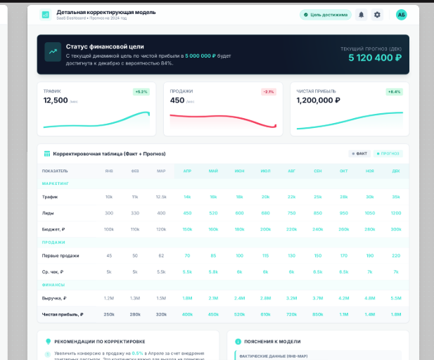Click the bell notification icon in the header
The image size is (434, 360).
362,14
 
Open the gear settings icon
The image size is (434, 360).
377,14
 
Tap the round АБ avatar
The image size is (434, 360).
401,14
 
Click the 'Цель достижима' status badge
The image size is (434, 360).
325,14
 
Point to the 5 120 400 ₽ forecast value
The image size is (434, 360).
371,58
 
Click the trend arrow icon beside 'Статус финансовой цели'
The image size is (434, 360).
53,51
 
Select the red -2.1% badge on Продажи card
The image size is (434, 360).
269,91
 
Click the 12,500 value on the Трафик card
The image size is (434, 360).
56,101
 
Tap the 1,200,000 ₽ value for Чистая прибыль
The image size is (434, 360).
318,101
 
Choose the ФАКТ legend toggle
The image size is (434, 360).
360,153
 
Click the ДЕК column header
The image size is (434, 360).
396,171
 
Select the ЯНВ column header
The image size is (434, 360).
109,171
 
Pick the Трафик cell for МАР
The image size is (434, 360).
161,197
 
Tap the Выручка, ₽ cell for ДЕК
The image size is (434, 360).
396,298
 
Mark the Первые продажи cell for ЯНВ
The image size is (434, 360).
109,255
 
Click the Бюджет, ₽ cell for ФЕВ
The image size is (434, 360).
135,229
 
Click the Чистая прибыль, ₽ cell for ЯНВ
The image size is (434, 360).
109,314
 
